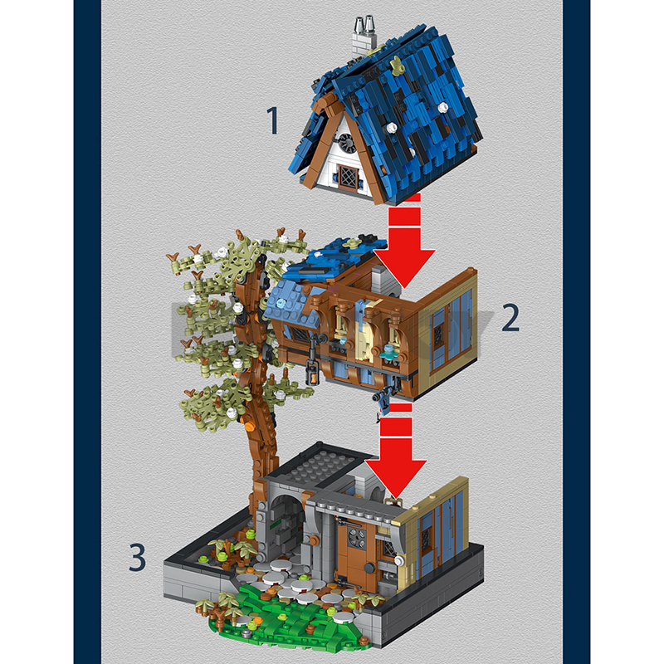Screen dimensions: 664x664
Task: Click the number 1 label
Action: click(x=273, y=120)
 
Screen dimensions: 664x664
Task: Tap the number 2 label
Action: click(x=510, y=318)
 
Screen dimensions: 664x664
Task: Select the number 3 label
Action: click(x=138, y=556)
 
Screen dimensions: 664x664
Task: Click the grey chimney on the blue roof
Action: click(x=364, y=38)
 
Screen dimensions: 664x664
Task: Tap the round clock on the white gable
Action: click(x=346, y=142)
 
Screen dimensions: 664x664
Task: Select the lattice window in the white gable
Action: click(x=348, y=177)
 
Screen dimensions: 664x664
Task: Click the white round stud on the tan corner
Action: click(x=399, y=560)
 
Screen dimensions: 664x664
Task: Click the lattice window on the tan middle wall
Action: click(x=438, y=334)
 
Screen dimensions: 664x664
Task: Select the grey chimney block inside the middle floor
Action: click(x=384, y=281)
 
